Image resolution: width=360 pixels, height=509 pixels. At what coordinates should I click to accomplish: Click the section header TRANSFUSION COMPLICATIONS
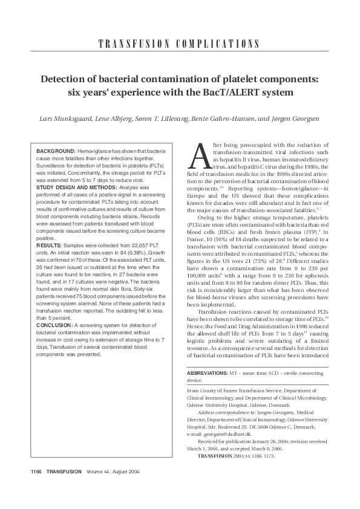click(180, 44)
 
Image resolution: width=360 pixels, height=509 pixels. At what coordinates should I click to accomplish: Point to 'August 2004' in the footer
click(123, 472)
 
